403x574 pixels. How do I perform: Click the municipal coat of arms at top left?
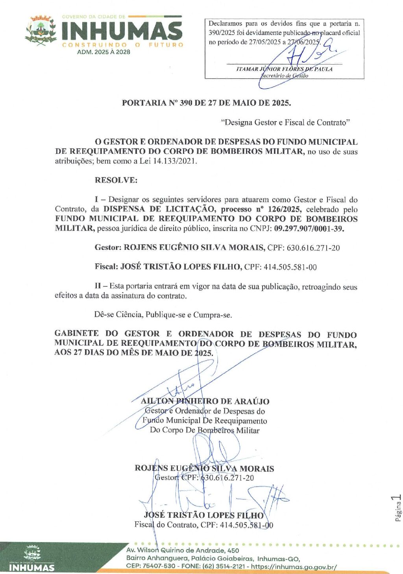(x=41, y=31)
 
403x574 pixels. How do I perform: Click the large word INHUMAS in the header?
(x=122, y=30)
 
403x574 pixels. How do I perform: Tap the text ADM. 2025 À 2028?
(x=104, y=52)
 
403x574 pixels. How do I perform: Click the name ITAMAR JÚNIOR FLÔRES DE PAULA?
(x=284, y=69)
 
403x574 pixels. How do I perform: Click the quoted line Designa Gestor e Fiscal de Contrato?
(x=285, y=122)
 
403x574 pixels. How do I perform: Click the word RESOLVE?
(x=116, y=180)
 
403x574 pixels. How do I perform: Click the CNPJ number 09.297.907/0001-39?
(x=309, y=229)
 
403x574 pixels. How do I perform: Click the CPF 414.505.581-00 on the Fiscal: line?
(x=290, y=267)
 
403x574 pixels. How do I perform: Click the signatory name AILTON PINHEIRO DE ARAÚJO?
(x=205, y=401)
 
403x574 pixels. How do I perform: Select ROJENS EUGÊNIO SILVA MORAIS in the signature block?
(x=204, y=468)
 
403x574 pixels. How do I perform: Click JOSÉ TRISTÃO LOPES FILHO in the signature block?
(x=204, y=515)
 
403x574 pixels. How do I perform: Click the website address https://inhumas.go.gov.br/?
(x=294, y=567)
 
